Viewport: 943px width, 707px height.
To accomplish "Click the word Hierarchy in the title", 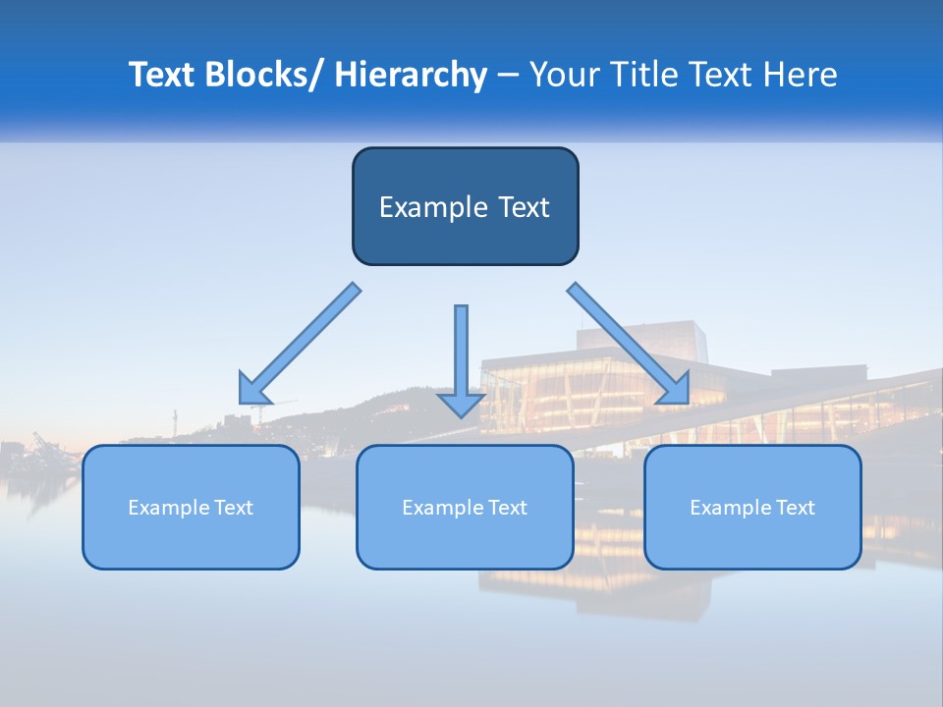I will click(411, 76).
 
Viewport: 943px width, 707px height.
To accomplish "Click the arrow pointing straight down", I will click(461, 353).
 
